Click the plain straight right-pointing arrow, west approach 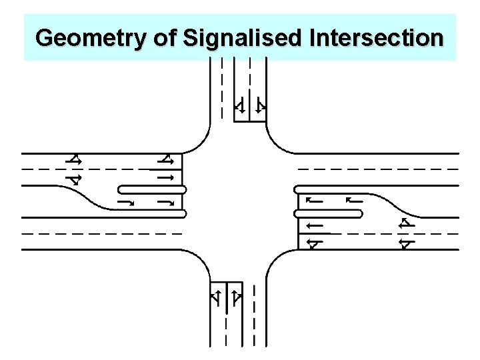coord(165,178)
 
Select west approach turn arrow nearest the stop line coord(167,201)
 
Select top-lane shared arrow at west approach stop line coord(167,159)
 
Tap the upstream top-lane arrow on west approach coord(73,159)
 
